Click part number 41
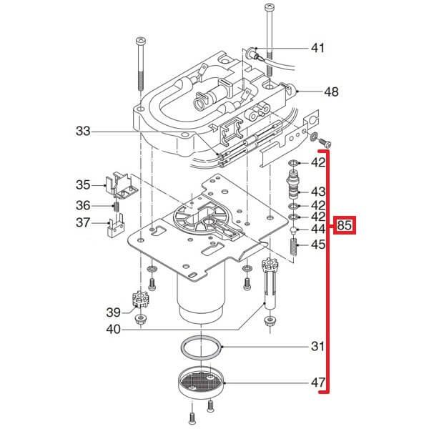pos(317,49)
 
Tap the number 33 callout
pos(84,131)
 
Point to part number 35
pos(84,185)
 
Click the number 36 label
pos(84,205)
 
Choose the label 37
pos(84,222)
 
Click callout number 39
pos(113,312)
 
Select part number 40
pos(113,330)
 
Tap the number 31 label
pos(317,347)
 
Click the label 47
pos(317,383)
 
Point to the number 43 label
pos(317,192)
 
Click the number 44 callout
pos(317,230)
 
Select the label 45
pos(317,245)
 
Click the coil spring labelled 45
pos(293,247)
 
